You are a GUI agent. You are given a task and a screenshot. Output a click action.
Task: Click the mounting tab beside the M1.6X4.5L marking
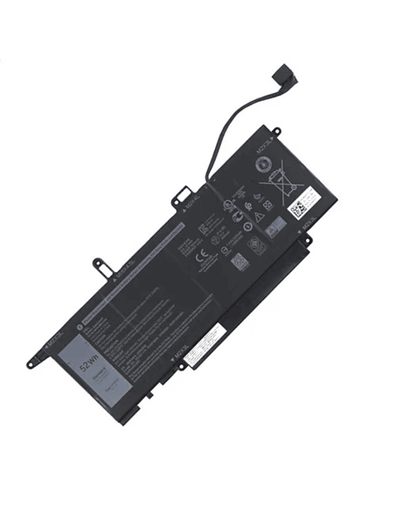(x=100, y=265)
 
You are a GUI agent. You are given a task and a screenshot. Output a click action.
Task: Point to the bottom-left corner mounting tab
(x=34, y=361)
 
